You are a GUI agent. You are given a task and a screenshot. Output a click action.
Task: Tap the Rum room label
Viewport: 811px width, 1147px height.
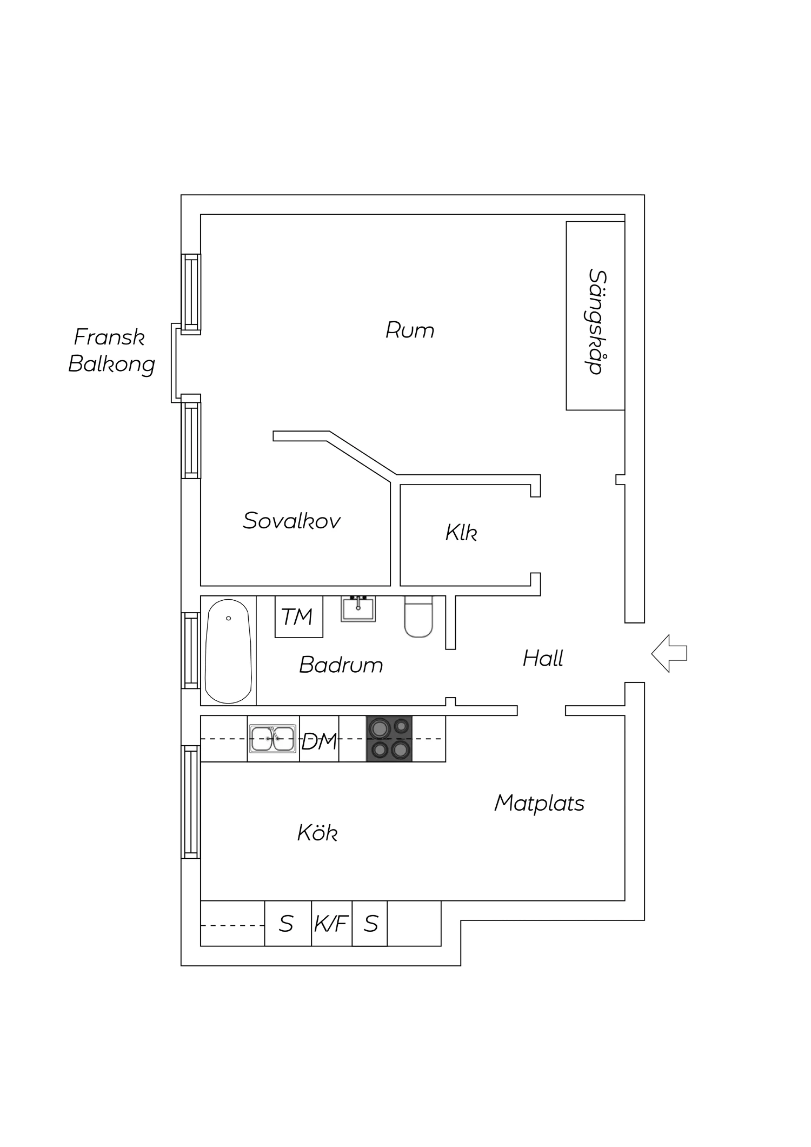(410, 330)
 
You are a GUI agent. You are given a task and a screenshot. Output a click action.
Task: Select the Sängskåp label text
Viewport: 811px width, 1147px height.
(596, 322)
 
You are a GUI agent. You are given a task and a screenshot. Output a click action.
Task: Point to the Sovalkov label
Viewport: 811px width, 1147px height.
(291, 521)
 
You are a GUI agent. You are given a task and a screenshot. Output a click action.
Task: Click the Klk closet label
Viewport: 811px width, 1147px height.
(461, 533)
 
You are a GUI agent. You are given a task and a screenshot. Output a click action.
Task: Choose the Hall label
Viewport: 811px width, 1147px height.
(543, 658)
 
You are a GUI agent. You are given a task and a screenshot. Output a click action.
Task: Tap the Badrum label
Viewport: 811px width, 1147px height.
(341, 665)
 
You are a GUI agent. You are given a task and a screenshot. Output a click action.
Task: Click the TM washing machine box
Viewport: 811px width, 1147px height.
(298, 616)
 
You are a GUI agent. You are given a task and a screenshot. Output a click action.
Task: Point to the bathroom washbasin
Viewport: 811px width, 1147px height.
(358, 609)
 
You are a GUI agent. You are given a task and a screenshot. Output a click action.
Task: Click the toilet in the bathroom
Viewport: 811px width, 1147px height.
(418, 617)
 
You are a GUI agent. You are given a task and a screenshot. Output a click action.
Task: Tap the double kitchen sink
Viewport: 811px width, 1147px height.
(272, 739)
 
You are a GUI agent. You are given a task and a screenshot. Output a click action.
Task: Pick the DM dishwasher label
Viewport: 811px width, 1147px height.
(319, 742)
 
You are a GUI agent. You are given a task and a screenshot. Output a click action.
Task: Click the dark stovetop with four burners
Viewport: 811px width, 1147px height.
(389, 739)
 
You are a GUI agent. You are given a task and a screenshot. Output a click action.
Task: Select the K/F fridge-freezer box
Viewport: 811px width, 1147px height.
(331, 924)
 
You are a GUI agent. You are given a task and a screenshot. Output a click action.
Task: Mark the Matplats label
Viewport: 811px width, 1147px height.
(539, 803)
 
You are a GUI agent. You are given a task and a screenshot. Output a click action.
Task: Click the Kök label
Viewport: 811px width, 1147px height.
(317, 833)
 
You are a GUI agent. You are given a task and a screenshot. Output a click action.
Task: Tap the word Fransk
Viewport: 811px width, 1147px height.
(109, 337)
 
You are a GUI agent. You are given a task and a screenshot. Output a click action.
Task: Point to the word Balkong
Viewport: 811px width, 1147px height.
(111, 364)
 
